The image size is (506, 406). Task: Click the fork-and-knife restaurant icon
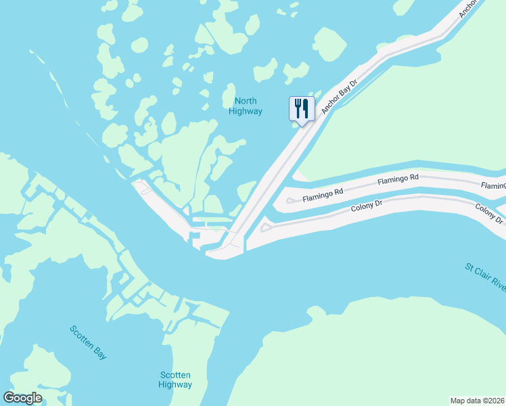[302, 108]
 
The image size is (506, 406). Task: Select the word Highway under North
[245, 111]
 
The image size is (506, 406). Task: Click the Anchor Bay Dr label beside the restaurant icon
[339, 97]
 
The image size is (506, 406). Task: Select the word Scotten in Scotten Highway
[175, 375]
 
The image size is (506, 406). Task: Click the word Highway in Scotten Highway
[175, 384]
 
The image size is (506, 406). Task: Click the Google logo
[23, 398]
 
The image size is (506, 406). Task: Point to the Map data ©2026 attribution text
[478, 400]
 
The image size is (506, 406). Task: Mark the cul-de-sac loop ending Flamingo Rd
[290, 200]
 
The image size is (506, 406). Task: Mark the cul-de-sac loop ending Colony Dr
[267, 227]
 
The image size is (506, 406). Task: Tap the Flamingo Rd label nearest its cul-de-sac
[323, 198]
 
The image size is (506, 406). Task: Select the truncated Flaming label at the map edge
[493, 185]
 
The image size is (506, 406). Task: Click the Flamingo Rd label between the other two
[398, 179]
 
